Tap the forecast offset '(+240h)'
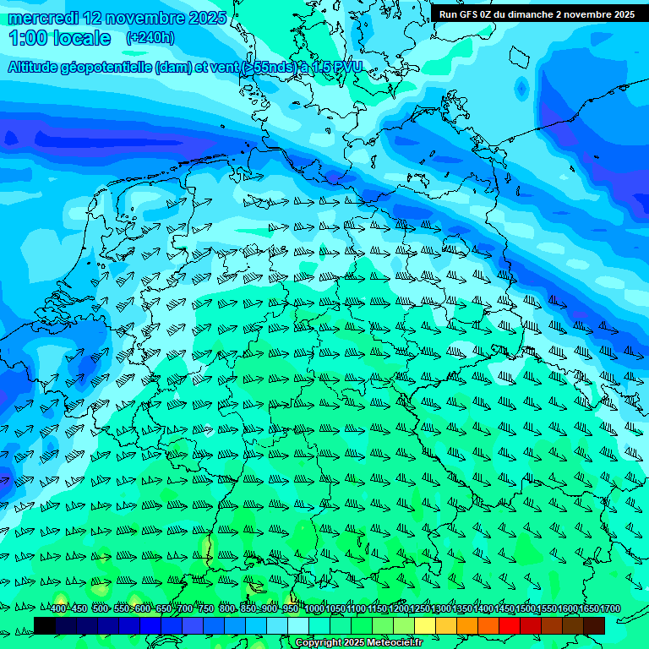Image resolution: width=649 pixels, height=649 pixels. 150,38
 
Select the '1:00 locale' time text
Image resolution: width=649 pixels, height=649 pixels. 60,38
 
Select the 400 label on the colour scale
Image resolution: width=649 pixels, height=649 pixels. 57,609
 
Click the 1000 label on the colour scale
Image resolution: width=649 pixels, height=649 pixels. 314,609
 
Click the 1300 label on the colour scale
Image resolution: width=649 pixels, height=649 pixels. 440,609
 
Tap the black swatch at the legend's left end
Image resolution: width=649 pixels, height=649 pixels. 44,625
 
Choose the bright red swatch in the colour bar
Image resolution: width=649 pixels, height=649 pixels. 509,625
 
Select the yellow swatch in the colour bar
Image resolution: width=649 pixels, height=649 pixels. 424,625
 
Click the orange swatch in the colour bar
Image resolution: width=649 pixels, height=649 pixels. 466,625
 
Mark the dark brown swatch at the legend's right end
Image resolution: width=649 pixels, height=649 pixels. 593,625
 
